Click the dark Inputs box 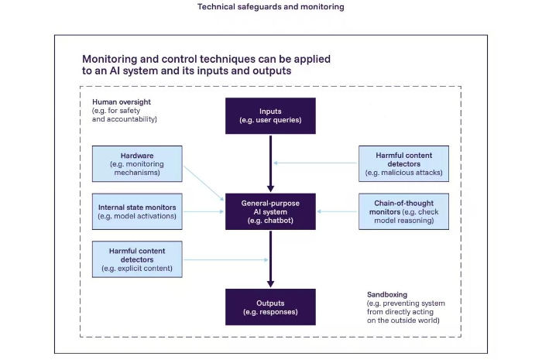pyautogui.click(x=270, y=115)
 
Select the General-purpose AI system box pyautogui.click(x=270, y=211)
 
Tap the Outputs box pyautogui.click(x=270, y=307)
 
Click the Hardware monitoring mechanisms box pyautogui.click(x=137, y=164)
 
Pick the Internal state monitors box pyautogui.click(x=137, y=211)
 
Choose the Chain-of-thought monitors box pyautogui.click(x=403, y=211)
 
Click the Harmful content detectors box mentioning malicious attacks pyautogui.click(x=403, y=164)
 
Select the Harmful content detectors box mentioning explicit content pyautogui.click(x=137, y=259)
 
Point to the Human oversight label pyautogui.click(x=122, y=102)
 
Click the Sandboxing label pyautogui.click(x=387, y=295)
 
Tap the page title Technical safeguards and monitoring pyautogui.click(x=271, y=6)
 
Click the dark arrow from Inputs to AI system pyautogui.click(x=271, y=163)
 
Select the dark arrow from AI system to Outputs pyautogui.click(x=271, y=259)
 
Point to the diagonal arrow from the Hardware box pyautogui.click(x=204, y=183)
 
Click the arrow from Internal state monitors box pyautogui.click(x=204, y=211)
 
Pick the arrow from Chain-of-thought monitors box pyautogui.click(x=337, y=211)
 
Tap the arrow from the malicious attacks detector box pyautogui.click(x=315, y=163)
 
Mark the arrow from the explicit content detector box pyautogui.click(x=226, y=259)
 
